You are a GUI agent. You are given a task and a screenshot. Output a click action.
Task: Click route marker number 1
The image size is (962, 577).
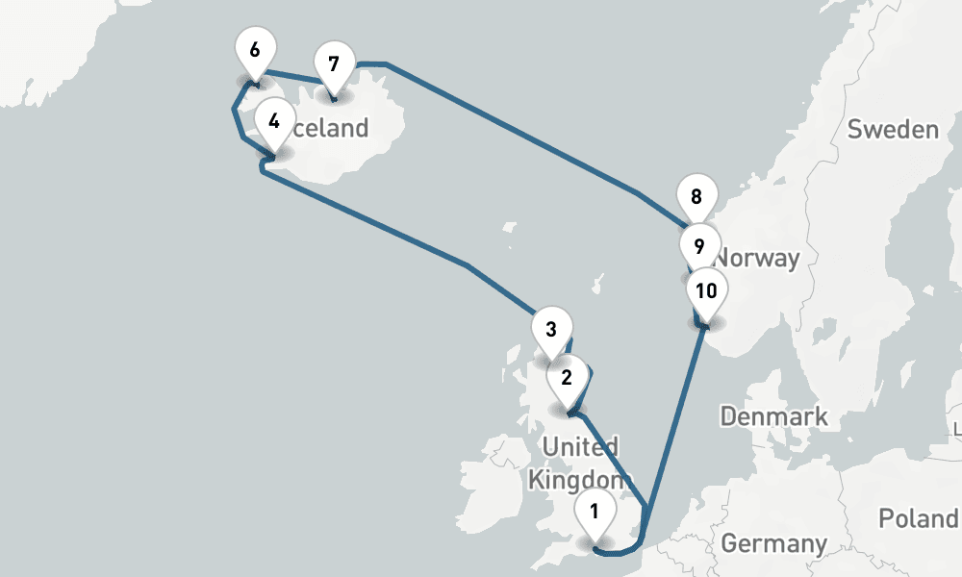pos(595,511)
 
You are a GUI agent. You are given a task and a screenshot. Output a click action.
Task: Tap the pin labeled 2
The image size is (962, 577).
pos(567,377)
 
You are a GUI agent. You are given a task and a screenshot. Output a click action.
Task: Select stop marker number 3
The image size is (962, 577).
pos(550,329)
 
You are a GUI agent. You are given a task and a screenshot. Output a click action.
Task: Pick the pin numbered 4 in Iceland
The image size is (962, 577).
pos(274,121)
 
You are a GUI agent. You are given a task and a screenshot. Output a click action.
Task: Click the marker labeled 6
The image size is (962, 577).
pos(254,49)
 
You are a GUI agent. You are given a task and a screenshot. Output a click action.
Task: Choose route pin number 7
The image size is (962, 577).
pos(333,64)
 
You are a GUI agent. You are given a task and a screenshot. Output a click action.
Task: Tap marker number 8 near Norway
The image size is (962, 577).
pos(696,199)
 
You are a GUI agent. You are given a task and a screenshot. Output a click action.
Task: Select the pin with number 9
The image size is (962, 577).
pos(698,245)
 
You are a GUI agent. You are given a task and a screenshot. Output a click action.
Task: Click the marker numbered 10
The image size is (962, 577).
pos(706,290)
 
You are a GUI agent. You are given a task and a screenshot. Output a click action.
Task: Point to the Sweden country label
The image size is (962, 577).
pos(892,129)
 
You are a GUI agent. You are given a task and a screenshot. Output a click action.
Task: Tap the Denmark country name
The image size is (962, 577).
pos(773,416)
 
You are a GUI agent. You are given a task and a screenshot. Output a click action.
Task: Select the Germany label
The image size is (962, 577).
pos(773,543)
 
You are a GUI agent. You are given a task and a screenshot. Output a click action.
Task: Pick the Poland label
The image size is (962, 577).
pos(919,518)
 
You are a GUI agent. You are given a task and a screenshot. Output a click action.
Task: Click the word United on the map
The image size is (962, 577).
pos(580,446)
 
